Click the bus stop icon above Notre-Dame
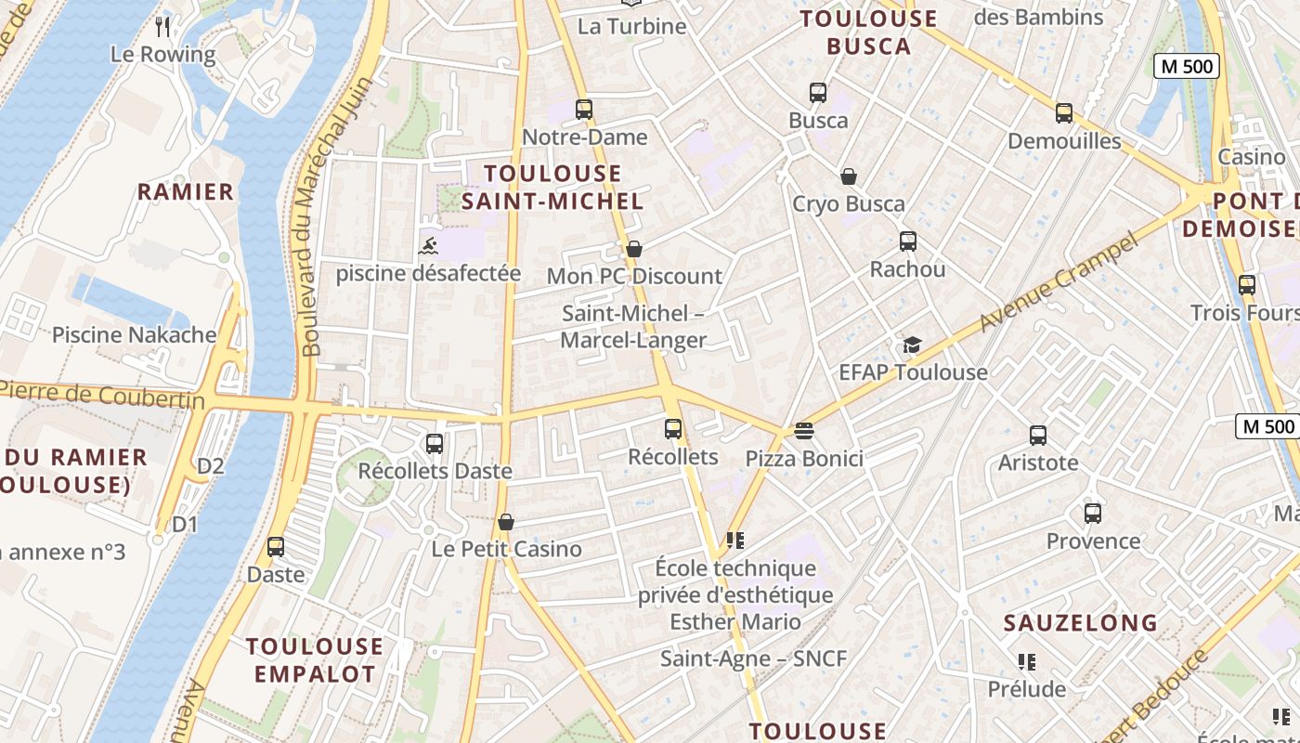(x=583, y=110)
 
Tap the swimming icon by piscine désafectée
(x=428, y=246)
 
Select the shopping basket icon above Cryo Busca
(x=848, y=176)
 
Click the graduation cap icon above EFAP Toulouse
(x=912, y=345)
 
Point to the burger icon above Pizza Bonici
(x=804, y=431)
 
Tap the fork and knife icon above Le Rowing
(x=163, y=26)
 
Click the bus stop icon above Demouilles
(x=1064, y=113)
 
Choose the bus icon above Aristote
(x=1038, y=435)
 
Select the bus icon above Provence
(x=1093, y=514)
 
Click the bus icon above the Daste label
(x=276, y=547)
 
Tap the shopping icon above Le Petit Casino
(x=506, y=522)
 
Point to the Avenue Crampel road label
(x=1059, y=283)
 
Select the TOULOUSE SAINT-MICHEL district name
(x=552, y=187)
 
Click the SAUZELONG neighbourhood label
(x=1081, y=622)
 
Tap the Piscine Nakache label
(x=134, y=335)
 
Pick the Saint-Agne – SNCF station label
(x=753, y=658)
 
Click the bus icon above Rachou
(x=908, y=241)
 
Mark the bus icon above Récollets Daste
(x=435, y=444)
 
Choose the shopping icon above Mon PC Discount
(x=634, y=249)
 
